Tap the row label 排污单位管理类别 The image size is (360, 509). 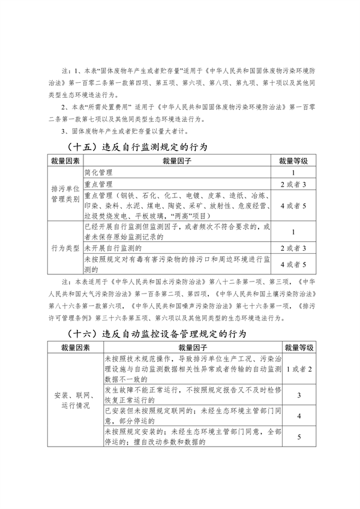tap(65, 194)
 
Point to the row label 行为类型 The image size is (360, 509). tap(65, 247)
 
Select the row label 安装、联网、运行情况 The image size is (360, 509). tap(75, 400)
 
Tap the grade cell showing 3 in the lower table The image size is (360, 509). tap(299, 395)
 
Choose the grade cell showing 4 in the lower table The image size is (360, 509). tap(299, 416)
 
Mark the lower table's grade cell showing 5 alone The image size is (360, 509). tap(299, 438)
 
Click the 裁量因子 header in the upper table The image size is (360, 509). tap(177, 161)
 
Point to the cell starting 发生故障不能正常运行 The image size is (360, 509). tap(193, 395)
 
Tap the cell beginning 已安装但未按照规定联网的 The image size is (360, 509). tap(193, 416)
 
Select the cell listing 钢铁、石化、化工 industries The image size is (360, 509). tap(177, 205)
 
